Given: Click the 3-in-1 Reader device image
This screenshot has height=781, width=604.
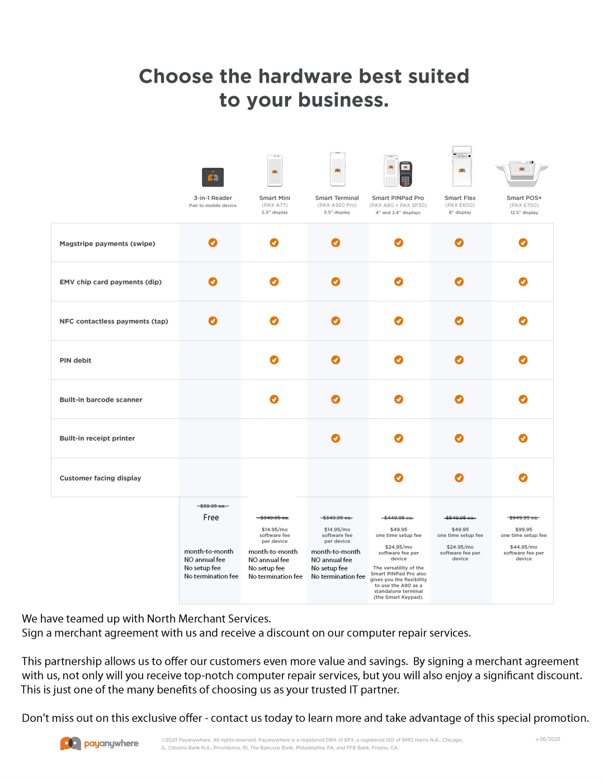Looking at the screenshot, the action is tap(213, 177).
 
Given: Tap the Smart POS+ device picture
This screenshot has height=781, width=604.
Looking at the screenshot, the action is tap(522, 173).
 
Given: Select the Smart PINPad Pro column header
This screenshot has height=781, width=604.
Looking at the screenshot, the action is tap(398, 198).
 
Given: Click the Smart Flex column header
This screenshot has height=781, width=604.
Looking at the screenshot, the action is tap(460, 198).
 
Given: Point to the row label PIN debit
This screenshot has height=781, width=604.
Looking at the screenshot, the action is tap(75, 361).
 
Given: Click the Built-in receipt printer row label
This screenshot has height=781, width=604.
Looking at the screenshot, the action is tap(97, 439).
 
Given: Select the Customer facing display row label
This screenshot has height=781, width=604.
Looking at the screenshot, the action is tap(100, 478).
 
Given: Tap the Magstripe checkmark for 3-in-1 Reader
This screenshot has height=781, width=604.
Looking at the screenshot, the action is tap(213, 242).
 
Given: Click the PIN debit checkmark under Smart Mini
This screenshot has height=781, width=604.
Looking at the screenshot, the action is tap(274, 360).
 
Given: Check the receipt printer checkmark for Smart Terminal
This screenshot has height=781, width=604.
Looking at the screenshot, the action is tap(336, 439).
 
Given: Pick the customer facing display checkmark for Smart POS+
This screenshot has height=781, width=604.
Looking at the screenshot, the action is tap(523, 478).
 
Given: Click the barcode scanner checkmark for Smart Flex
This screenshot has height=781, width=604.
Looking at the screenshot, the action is tap(459, 399).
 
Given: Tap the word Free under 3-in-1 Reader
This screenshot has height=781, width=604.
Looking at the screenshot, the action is tap(211, 518).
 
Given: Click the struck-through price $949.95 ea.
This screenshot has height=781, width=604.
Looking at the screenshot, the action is tap(523, 518).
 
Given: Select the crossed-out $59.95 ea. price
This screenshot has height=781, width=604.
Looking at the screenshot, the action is tap(213, 506).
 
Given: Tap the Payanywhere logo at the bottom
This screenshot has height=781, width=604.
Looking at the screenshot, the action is tap(100, 744).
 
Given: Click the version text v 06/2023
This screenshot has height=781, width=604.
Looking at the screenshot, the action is tap(548, 739).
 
